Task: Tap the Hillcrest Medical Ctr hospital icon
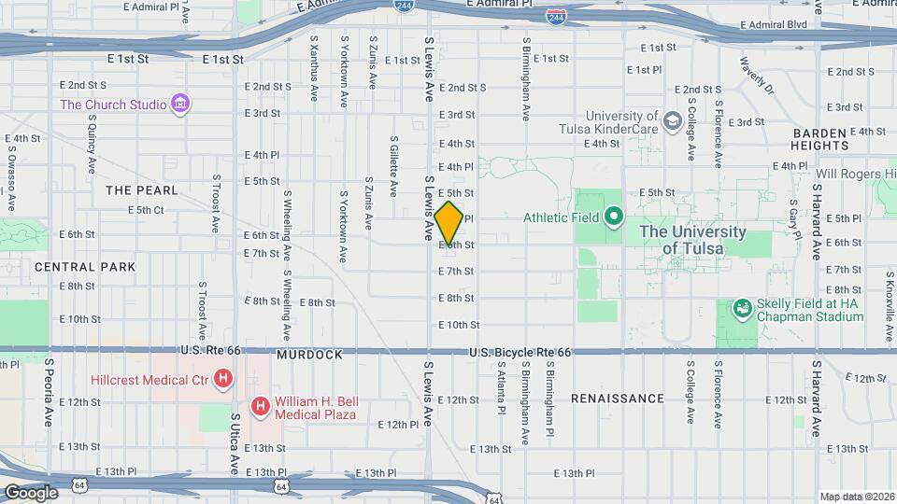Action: [x=222, y=379]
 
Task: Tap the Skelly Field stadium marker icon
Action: [x=742, y=307]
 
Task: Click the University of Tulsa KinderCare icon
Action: [x=672, y=120]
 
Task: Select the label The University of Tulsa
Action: [x=705, y=240]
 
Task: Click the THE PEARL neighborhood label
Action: [x=141, y=190]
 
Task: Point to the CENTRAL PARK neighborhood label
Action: [x=85, y=267]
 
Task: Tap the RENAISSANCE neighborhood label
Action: [x=617, y=399]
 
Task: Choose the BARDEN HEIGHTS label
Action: [x=819, y=139]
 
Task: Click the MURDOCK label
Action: [x=309, y=356]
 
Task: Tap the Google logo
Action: [x=31, y=492]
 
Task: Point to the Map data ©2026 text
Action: [x=855, y=497]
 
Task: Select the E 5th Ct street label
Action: [x=146, y=210]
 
